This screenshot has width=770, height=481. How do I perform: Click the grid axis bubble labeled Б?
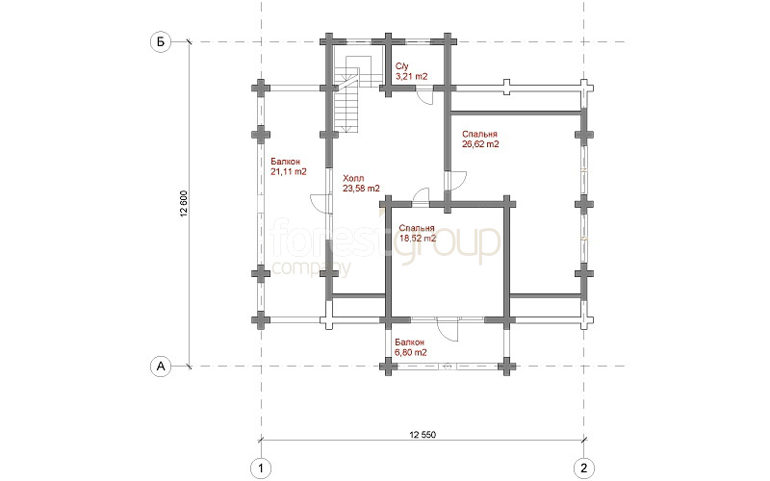160,41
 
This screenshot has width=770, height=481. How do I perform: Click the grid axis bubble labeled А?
161,366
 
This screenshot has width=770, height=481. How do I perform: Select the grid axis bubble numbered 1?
261,468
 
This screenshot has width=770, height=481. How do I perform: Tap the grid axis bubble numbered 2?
584,468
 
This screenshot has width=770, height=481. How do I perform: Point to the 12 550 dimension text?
423,435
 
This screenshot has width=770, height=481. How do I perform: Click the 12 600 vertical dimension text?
184,203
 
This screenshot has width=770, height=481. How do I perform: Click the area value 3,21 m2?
412,77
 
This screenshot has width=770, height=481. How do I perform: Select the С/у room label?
402,66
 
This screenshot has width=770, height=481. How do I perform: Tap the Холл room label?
353,178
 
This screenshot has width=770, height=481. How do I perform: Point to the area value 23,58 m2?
361,188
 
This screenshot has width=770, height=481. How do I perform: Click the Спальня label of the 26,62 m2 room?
479,134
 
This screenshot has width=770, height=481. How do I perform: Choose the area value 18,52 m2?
418,239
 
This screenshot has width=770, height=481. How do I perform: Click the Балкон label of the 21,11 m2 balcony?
285,162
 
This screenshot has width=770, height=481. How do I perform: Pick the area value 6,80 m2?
411,352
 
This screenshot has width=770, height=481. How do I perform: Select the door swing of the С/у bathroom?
423,96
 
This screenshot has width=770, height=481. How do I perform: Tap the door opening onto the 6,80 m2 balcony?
448,329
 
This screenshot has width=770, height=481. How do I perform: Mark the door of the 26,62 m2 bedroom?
456,180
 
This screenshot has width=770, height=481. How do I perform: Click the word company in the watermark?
311,268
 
